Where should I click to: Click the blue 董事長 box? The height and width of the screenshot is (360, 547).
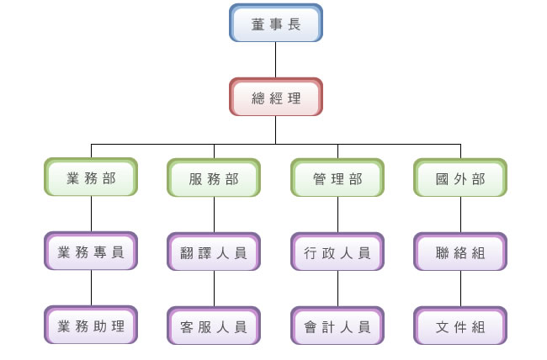[276, 24]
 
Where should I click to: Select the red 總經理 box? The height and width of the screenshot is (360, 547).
[276, 98]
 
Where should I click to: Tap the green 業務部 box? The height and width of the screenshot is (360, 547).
[91, 178]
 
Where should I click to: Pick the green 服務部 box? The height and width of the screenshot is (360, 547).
[214, 178]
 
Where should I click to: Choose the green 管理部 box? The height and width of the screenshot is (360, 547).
[337, 178]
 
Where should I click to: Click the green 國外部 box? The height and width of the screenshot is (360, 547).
[460, 178]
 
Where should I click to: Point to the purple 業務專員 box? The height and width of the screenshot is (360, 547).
[91, 251]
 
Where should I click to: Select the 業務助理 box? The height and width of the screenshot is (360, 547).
[91, 326]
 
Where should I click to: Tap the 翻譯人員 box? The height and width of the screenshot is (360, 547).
[214, 251]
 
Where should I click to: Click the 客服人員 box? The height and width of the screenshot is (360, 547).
[214, 326]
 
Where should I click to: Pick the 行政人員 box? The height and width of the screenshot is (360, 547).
[337, 251]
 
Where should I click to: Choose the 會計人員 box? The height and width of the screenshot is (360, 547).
[337, 326]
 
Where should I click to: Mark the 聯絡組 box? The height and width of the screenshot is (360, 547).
[460, 251]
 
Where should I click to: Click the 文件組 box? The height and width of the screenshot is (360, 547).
[460, 326]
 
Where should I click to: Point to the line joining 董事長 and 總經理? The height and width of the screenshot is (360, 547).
[276, 60]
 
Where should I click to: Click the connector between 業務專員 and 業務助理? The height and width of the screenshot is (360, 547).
[91, 289]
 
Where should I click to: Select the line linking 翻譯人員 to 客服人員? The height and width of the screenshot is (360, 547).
[214, 289]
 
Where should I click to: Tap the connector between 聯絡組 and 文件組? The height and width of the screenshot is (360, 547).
[460, 289]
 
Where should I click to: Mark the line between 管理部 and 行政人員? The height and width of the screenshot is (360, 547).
[337, 215]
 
